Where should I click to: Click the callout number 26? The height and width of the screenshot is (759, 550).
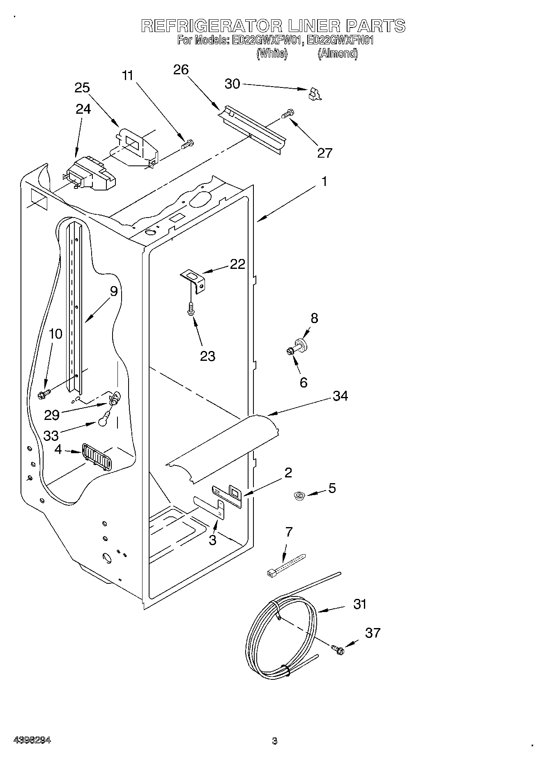tap(181, 70)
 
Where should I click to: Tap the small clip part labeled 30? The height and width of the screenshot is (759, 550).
tap(315, 94)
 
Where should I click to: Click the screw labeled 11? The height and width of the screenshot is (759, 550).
tap(188, 144)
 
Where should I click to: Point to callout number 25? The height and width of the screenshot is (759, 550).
tap(82, 88)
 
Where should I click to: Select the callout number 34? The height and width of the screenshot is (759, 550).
tap(341, 396)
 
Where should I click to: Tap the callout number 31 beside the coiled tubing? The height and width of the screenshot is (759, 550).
tap(360, 604)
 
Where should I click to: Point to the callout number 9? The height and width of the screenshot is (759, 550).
tap(114, 291)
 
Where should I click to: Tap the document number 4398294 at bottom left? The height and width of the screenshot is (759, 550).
tap(32, 740)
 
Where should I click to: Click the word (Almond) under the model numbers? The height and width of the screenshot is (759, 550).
tap(337, 53)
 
